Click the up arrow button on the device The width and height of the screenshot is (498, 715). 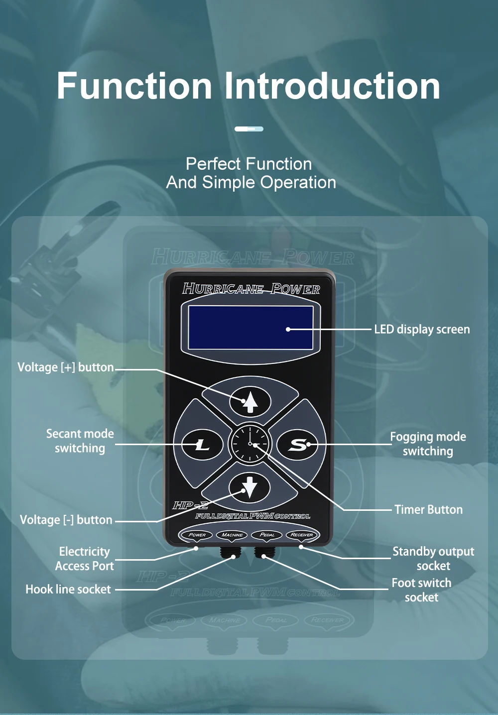[x=250, y=401]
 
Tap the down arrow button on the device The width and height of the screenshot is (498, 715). [x=249, y=486]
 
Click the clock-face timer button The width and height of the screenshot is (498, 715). [x=250, y=444]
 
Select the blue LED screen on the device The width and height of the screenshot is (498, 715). [x=250, y=328]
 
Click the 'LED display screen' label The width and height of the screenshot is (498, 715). [x=422, y=329]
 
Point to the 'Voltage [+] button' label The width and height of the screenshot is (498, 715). [x=66, y=367]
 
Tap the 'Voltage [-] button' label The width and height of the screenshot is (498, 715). [x=66, y=520]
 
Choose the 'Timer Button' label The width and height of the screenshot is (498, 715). [x=428, y=509]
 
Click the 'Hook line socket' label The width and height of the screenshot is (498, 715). [x=68, y=589]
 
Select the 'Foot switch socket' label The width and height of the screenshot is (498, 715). [x=421, y=590]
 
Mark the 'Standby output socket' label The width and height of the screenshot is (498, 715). [x=433, y=559]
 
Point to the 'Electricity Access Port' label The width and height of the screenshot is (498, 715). [x=85, y=559]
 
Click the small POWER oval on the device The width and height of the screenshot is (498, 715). [x=197, y=535]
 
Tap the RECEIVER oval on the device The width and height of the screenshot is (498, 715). [x=302, y=535]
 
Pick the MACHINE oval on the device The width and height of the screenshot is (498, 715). [x=232, y=535]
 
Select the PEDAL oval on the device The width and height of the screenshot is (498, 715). [x=267, y=535]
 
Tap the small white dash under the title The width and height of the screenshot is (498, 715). [x=249, y=129]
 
